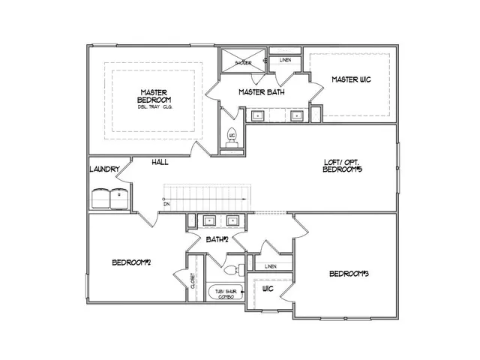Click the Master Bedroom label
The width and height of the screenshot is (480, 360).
pyautogui.click(x=155, y=97)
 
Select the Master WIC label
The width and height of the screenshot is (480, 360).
pyautogui.click(x=352, y=79)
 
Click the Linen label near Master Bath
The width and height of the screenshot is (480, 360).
pyautogui.click(x=286, y=60)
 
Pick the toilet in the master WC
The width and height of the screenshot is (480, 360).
pyautogui.click(x=232, y=138)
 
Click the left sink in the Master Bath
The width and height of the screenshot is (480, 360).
pyautogui.click(x=256, y=116)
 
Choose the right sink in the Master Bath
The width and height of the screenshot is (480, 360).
pyautogui.click(x=297, y=116)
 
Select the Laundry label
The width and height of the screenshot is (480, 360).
pyautogui.click(x=104, y=169)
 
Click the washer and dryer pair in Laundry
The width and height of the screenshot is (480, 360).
pyautogui.click(x=110, y=199)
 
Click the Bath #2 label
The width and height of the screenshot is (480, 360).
pyautogui.click(x=217, y=239)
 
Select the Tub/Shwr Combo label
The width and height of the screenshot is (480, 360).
pyautogui.click(x=225, y=294)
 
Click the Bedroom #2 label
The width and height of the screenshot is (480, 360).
pyautogui.click(x=133, y=262)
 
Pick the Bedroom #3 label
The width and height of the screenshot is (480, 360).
pyautogui.click(x=349, y=274)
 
